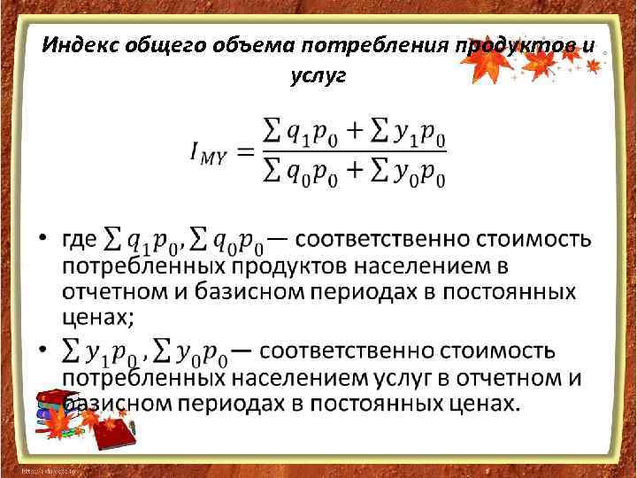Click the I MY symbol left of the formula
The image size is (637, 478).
[x=209, y=151]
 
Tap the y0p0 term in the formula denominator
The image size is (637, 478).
[x=417, y=173]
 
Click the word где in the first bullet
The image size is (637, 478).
[x=78, y=238]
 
